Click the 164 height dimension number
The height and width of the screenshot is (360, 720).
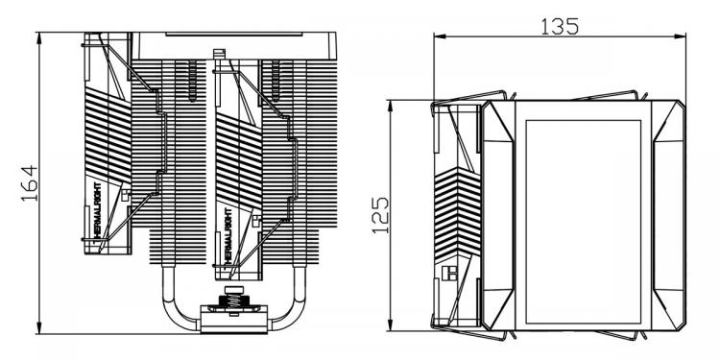(30, 182)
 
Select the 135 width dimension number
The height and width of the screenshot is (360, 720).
(560, 27)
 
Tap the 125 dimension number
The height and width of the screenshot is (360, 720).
(380, 215)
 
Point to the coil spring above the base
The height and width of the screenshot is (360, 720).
(233, 302)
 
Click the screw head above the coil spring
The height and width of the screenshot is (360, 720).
(233, 290)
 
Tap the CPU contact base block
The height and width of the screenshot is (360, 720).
(233, 320)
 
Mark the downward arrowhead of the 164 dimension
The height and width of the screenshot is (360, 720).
(39, 327)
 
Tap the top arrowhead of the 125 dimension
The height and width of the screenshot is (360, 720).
(391, 106)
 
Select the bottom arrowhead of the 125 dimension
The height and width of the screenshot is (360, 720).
(391, 324)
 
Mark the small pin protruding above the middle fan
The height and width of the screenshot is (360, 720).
(220, 54)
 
